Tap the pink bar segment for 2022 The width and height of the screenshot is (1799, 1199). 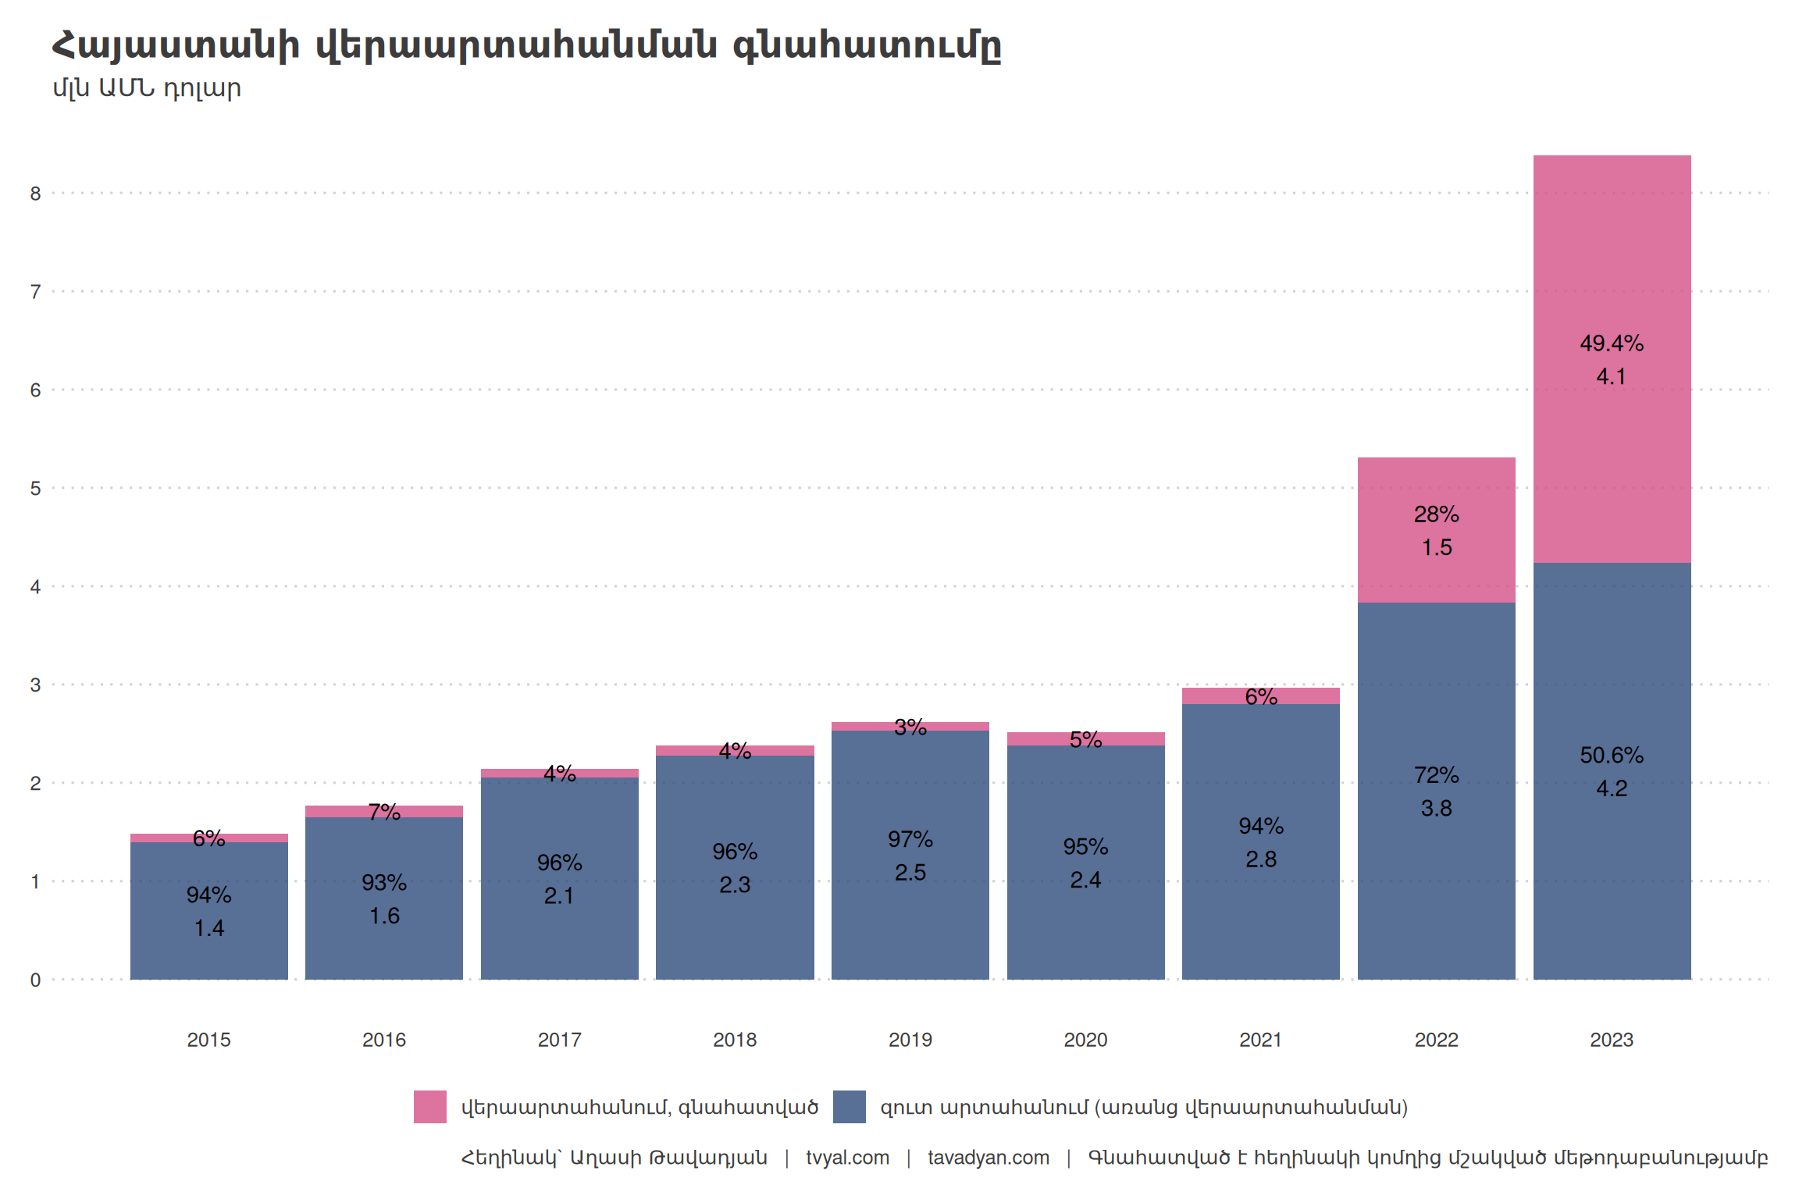[1436, 484]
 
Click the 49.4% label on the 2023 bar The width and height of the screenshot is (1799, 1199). [1612, 343]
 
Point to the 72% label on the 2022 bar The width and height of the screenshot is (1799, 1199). [1436, 775]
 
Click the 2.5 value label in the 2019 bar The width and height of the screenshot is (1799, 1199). [910, 873]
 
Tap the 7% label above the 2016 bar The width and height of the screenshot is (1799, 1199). [384, 813]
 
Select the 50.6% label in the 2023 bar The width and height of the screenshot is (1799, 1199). [1612, 756]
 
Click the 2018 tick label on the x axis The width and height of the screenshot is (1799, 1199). [735, 1040]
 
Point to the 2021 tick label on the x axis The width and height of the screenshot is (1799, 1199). [1260, 1040]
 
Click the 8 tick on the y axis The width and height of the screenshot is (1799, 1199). [35, 194]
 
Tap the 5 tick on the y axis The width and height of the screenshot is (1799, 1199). [35, 489]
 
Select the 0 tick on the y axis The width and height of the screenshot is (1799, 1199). [35, 980]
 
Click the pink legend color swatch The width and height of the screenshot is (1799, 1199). [430, 1107]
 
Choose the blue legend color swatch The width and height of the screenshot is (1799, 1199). [849, 1107]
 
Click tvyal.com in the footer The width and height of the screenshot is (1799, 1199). [847, 1158]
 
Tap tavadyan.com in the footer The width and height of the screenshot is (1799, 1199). [988, 1158]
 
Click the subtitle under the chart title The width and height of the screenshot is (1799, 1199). [147, 88]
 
